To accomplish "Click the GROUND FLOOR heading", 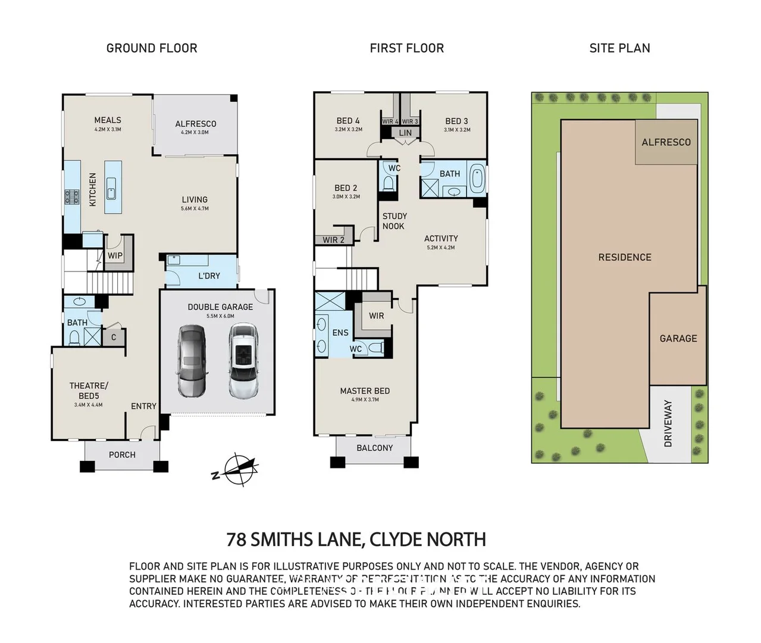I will point(152,48).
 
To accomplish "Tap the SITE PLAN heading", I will point(619,48).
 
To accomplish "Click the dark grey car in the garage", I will point(191,361).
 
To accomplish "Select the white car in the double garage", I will point(243,361).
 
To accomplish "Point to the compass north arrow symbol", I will point(236,469).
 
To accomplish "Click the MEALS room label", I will point(108,120).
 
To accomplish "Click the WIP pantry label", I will point(115,255).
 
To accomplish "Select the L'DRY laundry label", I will point(209,276).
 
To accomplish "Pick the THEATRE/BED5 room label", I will point(89,391).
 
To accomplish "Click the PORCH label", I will point(122,455).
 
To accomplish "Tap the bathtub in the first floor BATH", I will point(478,179).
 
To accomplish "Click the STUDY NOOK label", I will point(394,221).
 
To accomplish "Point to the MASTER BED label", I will point(365,391).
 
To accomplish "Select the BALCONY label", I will point(374,448).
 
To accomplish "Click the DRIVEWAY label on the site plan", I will point(668,423).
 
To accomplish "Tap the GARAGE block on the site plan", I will point(678,338).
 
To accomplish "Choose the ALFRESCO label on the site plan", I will point(666,142).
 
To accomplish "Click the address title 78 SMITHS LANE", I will point(295,539).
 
